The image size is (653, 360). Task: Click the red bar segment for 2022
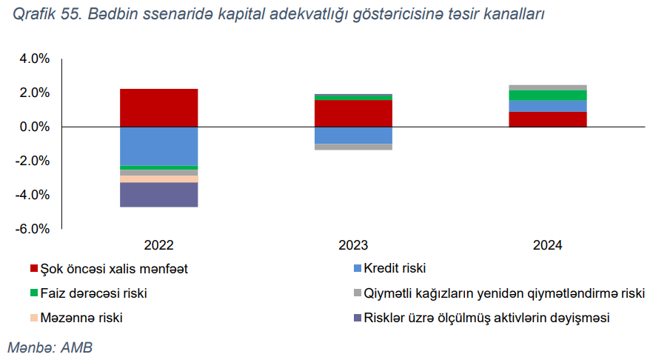tap(158, 107)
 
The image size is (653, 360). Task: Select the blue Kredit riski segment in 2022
tap(158, 146)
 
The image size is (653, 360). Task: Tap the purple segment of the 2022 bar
tap(158, 195)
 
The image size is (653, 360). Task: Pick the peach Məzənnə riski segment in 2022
tap(158, 179)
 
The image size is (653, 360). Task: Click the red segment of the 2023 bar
tap(353, 113)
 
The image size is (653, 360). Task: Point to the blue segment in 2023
tap(353, 136)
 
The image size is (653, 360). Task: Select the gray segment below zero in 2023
tap(353, 147)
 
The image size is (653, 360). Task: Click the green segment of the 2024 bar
tap(548, 96)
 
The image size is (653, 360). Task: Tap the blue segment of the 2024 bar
tap(548, 106)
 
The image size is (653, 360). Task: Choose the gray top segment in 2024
tap(548, 87)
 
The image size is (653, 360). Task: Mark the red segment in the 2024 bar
tap(548, 119)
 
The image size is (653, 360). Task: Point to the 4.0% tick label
tap(35, 59)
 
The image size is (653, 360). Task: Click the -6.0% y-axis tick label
tap(33, 229)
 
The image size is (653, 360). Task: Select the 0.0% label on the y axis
tap(35, 127)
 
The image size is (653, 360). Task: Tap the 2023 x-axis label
tap(353, 245)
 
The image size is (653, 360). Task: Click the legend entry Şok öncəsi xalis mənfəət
tap(109, 269)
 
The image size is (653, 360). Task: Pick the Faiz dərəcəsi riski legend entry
tap(89, 293)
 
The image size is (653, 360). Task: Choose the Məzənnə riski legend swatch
tap(34, 318)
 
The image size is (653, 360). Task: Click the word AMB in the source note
tap(77, 347)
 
